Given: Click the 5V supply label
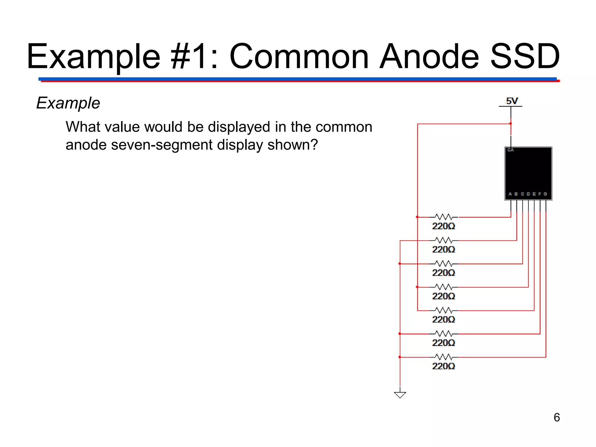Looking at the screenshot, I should (512, 101).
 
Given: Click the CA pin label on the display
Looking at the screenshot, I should (510, 150).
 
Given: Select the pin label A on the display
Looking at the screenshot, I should (510, 194).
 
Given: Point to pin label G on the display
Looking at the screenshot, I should (545, 194).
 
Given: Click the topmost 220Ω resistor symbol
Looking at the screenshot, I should (444, 217).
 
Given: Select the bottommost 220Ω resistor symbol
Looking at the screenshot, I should (444, 357).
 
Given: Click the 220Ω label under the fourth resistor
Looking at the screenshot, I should (443, 296).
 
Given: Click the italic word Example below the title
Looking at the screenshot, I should (68, 103).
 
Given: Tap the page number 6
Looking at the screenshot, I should (556, 417).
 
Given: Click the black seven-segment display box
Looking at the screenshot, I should (528, 172).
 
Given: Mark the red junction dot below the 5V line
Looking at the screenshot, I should (511, 124).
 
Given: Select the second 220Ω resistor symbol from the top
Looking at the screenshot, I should (444, 240).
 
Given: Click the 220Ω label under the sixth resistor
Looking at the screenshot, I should (443, 343).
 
